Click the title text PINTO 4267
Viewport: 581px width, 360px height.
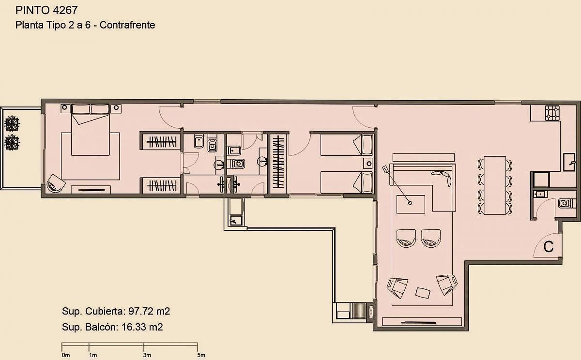(x=46, y=10)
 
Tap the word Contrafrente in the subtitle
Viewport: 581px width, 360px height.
(x=127, y=25)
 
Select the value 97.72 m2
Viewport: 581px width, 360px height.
(x=149, y=311)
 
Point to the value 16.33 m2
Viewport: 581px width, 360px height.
(x=142, y=327)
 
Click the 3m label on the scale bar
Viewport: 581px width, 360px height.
(x=147, y=355)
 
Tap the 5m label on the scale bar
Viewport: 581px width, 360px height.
(x=201, y=355)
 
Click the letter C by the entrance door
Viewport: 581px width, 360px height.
(x=548, y=247)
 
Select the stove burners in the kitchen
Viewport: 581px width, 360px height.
(x=552, y=113)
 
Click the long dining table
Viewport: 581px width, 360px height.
(x=495, y=185)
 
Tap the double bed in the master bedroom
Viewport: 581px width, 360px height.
(x=90, y=130)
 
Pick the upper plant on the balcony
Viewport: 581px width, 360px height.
(x=12, y=123)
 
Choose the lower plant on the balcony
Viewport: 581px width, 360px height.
(x=12, y=143)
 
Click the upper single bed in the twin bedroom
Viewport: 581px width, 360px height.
(x=347, y=145)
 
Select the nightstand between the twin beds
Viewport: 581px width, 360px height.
(x=368, y=164)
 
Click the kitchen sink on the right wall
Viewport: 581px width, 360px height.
(x=569, y=162)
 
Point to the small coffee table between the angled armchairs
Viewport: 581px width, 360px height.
(x=423, y=293)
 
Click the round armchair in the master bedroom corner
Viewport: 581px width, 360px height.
(x=56, y=183)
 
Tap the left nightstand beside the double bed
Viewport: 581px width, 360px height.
(x=65, y=108)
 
